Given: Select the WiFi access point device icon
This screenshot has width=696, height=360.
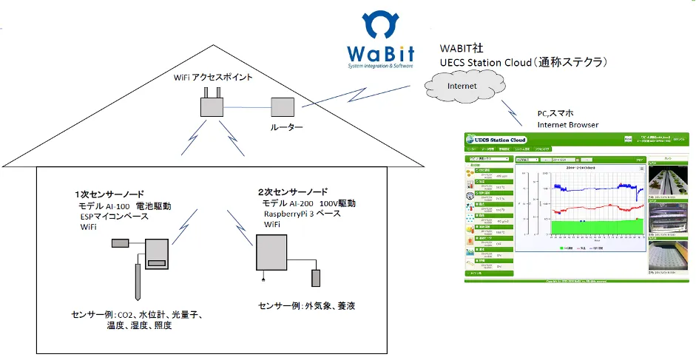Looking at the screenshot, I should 213,105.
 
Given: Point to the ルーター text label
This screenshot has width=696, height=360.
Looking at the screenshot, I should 283,128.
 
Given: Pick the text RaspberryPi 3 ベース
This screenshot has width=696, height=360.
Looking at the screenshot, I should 302,214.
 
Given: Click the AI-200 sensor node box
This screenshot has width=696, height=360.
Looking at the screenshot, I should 271,255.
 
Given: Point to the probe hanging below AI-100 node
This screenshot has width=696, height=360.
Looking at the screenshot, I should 139,281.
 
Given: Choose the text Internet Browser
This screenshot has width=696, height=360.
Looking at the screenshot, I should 567,125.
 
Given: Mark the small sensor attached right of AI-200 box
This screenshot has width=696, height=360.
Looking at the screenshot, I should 317,279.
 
